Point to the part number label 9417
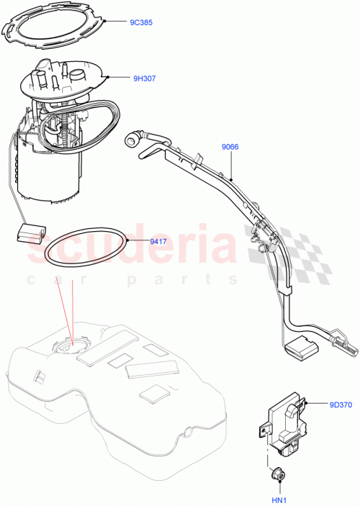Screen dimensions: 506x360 click(158, 240)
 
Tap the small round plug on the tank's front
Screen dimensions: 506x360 click(189, 432)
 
